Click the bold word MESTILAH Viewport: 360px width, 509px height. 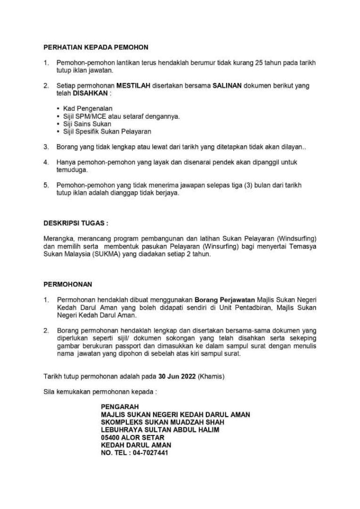(x=127, y=85)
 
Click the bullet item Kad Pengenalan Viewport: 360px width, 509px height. (x=88, y=108)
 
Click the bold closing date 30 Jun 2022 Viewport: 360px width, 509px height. (x=177, y=377)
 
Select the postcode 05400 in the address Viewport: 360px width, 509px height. (x=110, y=437)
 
